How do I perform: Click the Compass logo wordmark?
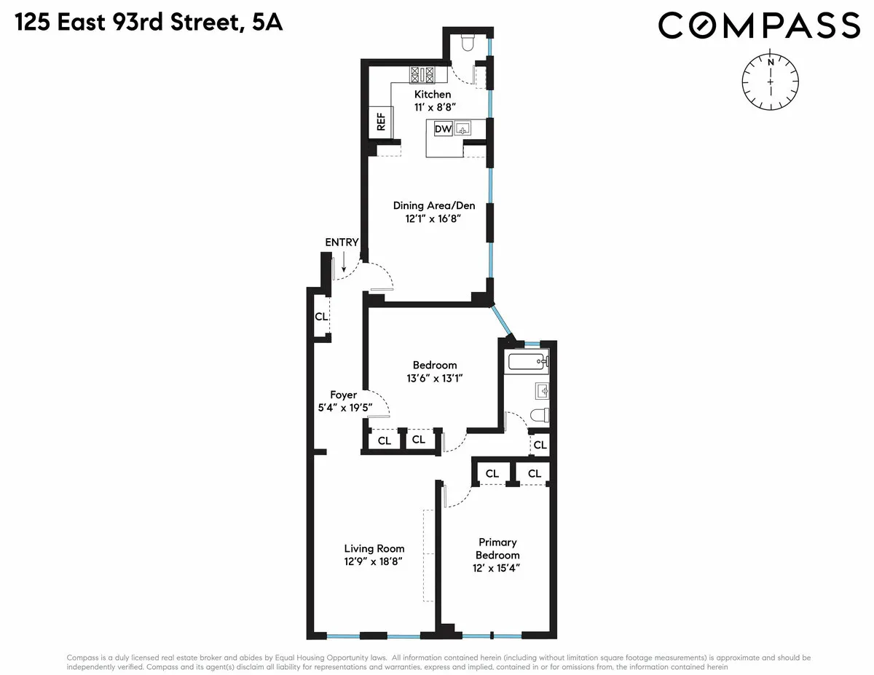tap(759, 26)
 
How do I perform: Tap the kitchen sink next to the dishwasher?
tap(464, 130)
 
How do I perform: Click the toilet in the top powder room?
tap(468, 43)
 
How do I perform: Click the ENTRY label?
tap(342, 242)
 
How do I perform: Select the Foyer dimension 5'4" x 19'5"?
tap(342, 408)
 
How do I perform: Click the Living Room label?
tap(374, 548)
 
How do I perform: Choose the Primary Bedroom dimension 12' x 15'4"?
tap(497, 568)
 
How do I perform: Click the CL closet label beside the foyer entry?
tap(320, 317)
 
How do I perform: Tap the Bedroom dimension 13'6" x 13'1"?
tap(435, 378)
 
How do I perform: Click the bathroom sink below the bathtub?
tap(542, 392)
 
